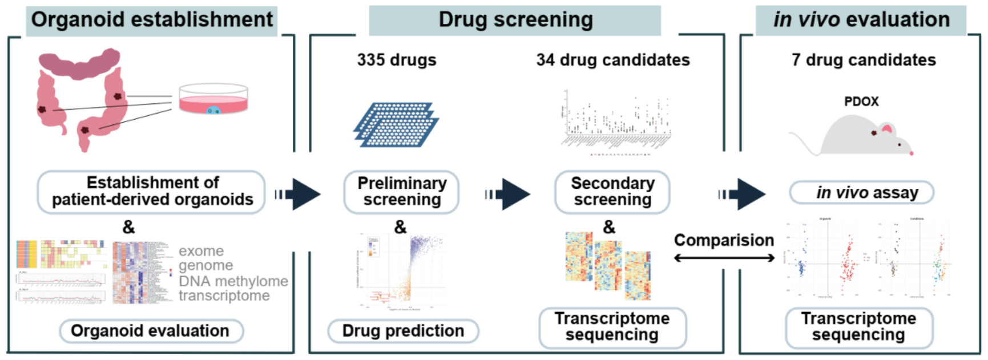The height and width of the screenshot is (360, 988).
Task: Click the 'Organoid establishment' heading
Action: click(x=152, y=20)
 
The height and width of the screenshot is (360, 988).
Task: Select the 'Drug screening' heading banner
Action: click(x=515, y=20)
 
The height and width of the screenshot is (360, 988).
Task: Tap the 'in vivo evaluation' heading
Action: click(x=861, y=20)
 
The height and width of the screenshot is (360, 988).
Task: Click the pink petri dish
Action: click(x=213, y=100)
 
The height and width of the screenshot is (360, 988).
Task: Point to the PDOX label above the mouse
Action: click(x=861, y=102)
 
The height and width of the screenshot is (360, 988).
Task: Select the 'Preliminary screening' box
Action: click(x=402, y=192)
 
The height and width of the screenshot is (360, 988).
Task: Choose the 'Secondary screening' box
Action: click(x=612, y=192)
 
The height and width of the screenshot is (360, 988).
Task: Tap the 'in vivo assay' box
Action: click(x=861, y=193)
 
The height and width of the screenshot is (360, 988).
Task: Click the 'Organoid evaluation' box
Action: click(x=151, y=331)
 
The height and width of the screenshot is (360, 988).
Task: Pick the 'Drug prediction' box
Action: click(x=403, y=331)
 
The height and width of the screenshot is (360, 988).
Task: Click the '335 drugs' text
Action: click(x=397, y=60)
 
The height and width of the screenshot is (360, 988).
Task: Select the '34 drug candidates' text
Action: click(x=613, y=60)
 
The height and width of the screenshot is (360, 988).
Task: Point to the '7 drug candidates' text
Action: click(x=864, y=60)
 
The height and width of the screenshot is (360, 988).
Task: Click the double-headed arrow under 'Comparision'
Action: click(x=724, y=258)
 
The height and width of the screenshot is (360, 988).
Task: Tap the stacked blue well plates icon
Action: click(x=396, y=124)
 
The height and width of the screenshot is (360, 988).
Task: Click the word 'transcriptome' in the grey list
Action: click(x=224, y=296)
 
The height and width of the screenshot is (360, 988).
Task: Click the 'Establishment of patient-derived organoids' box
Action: click(x=152, y=192)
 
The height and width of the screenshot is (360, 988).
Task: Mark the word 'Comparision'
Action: click(x=724, y=240)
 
